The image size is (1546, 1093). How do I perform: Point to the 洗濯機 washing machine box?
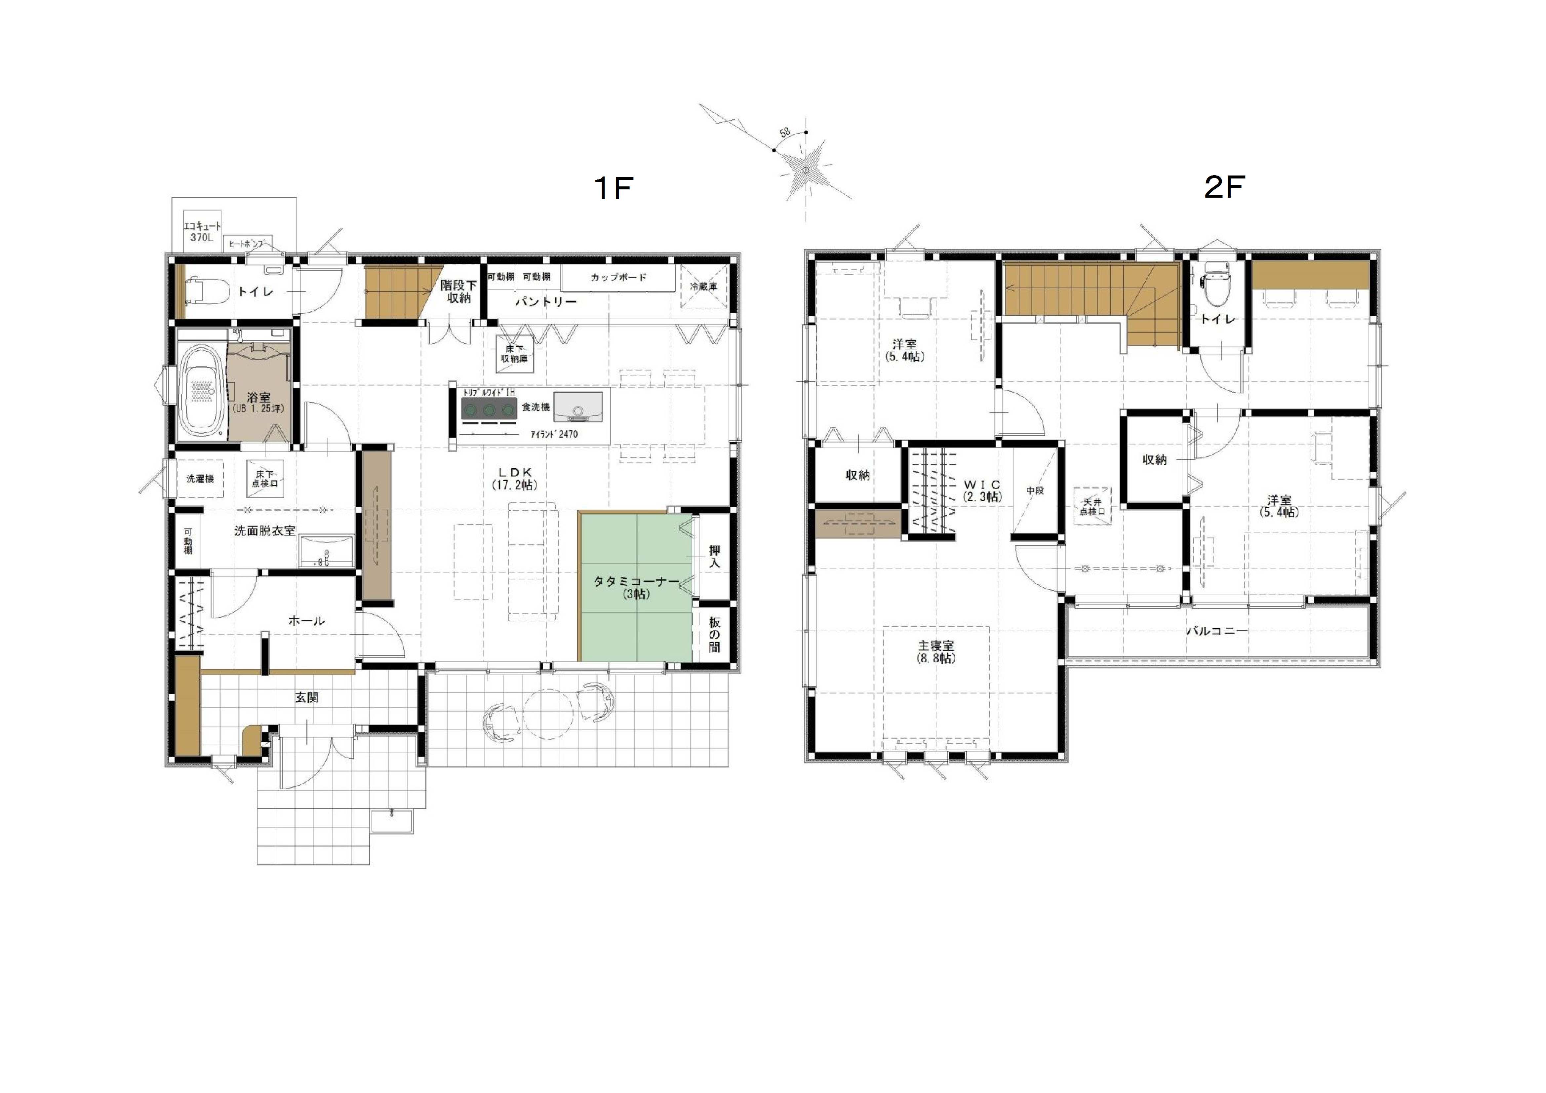click(x=200, y=479)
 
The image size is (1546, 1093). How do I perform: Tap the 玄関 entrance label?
click(x=307, y=698)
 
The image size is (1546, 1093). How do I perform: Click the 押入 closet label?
click(x=714, y=557)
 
